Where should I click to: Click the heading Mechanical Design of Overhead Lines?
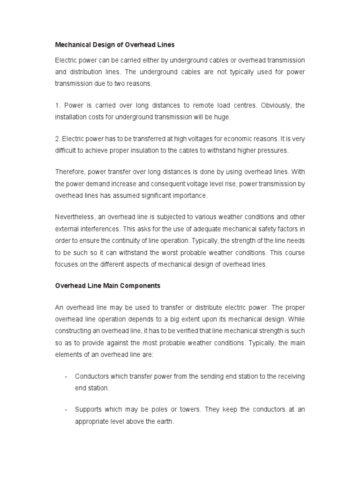(x=115, y=45)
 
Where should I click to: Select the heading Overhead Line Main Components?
(x=108, y=285)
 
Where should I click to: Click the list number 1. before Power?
(x=58, y=105)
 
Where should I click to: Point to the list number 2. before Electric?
(x=58, y=139)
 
